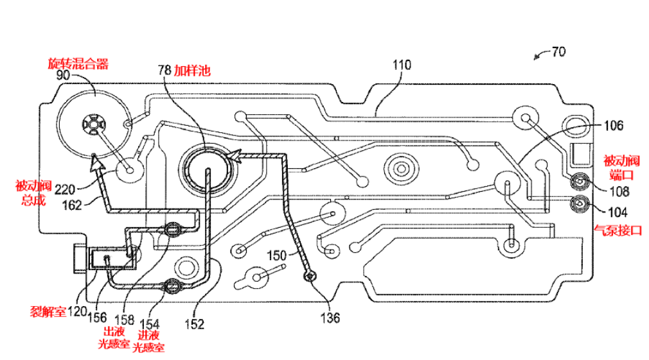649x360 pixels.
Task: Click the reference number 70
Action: point(559,52)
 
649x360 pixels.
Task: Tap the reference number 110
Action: point(402,65)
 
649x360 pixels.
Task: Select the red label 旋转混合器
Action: point(78,64)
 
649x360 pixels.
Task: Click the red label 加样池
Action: point(192,70)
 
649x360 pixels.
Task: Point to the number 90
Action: point(63,75)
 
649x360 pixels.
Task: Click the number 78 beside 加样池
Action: point(164,70)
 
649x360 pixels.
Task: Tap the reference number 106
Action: point(614,126)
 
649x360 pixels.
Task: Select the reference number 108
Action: point(619,191)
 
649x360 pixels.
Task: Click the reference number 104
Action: point(618,212)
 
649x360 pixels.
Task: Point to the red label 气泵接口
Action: point(618,230)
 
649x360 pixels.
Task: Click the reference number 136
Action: point(330,318)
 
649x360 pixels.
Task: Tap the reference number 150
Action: point(276,255)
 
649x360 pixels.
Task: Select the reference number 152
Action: point(195,324)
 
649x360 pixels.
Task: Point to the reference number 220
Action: point(65,190)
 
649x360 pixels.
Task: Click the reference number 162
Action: point(72,205)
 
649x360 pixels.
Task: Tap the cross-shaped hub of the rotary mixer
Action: point(94,123)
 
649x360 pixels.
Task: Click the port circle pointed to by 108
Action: point(580,181)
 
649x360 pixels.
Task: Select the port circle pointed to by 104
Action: point(580,203)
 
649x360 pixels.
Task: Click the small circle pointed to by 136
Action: point(310,276)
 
